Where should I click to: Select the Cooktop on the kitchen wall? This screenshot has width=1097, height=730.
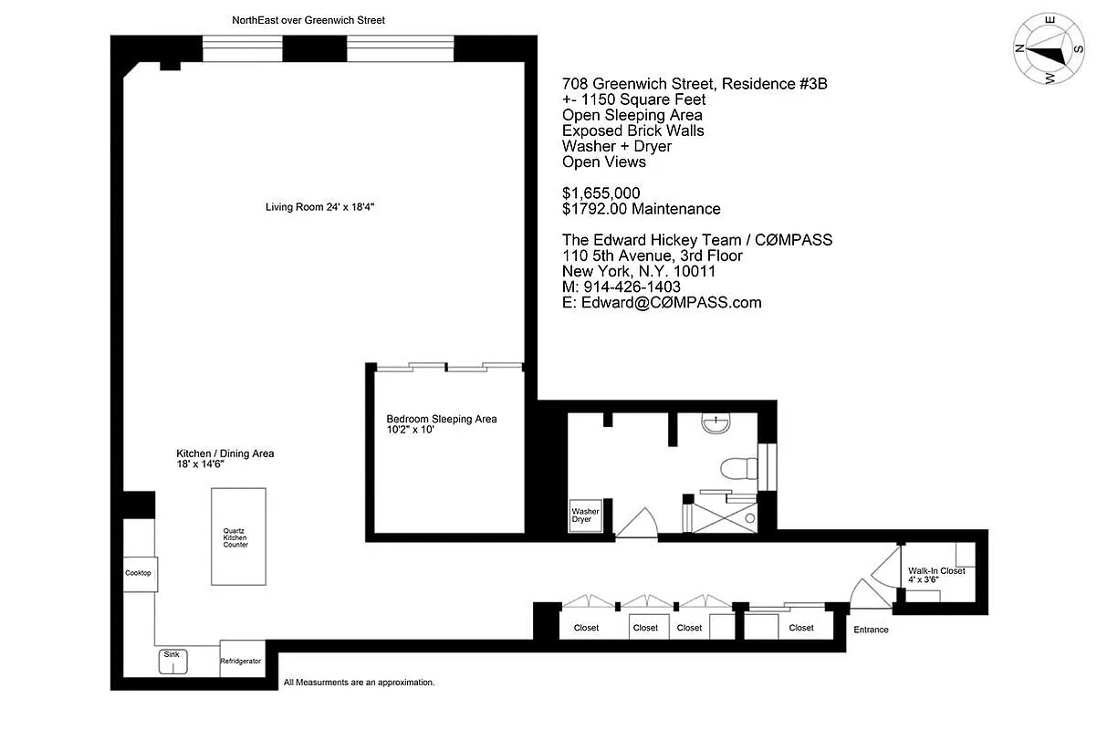138,573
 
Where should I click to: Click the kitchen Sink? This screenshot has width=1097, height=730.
172,662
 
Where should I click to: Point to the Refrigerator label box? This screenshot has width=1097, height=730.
241,661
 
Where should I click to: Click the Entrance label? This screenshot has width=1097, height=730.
871,630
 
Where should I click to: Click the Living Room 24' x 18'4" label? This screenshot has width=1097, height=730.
320,207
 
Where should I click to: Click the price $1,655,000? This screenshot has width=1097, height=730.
601,193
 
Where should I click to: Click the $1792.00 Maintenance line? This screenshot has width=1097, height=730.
641,209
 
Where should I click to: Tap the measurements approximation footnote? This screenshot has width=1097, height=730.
359,682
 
